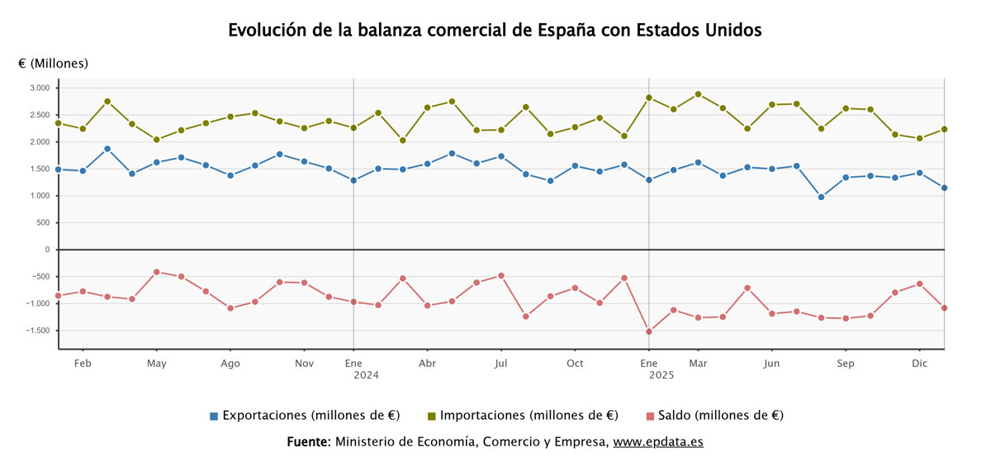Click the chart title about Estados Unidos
coord(495,31)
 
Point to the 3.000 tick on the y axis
coord(40,88)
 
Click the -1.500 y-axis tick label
coord(38,331)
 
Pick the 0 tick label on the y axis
coord(46,250)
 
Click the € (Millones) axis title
coord(53,63)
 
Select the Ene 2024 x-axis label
coord(353,369)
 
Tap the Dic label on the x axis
coord(919,363)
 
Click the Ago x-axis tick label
coord(230,363)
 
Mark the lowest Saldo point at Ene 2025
coord(649,331)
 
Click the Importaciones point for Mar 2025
coord(698,94)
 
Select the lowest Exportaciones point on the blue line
coord(821,197)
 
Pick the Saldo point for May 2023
coord(156,272)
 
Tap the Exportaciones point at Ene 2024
coord(353,180)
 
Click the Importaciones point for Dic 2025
coord(944,129)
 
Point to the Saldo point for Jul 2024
coord(501,275)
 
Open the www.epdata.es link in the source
coord(658,441)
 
